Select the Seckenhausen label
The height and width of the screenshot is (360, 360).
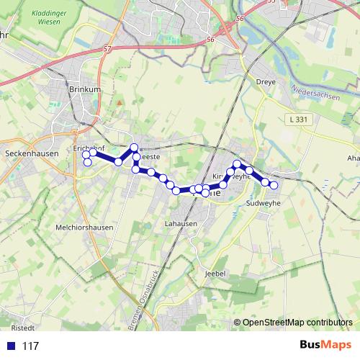pos(26,153)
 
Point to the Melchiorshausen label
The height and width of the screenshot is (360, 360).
pos(84,227)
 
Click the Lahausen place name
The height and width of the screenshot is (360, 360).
pos(180,223)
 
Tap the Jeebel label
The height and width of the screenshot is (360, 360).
pos(215,274)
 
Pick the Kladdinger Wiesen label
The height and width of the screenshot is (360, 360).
pos(51,17)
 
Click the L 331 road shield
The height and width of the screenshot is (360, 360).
pos(294,118)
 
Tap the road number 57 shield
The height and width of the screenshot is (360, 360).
pos(108,49)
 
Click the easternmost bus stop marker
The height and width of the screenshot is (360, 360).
pos(274,185)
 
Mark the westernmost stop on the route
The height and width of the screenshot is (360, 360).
pos(86,155)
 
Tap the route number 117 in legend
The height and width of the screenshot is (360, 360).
pos(30,346)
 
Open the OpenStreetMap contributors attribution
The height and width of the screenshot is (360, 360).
pos(297,323)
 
